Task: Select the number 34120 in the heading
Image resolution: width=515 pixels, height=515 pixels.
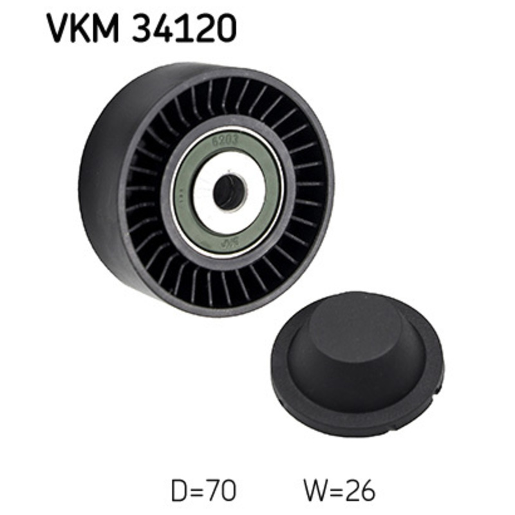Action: (x=184, y=28)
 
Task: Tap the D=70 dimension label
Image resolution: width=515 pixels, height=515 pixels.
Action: (x=204, y=491)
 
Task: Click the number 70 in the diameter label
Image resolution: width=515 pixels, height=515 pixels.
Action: (x=221, y=491)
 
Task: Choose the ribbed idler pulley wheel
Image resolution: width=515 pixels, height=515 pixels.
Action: (x=212, y=193)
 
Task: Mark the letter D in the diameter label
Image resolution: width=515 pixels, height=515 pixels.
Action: (x=178, y=491)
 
